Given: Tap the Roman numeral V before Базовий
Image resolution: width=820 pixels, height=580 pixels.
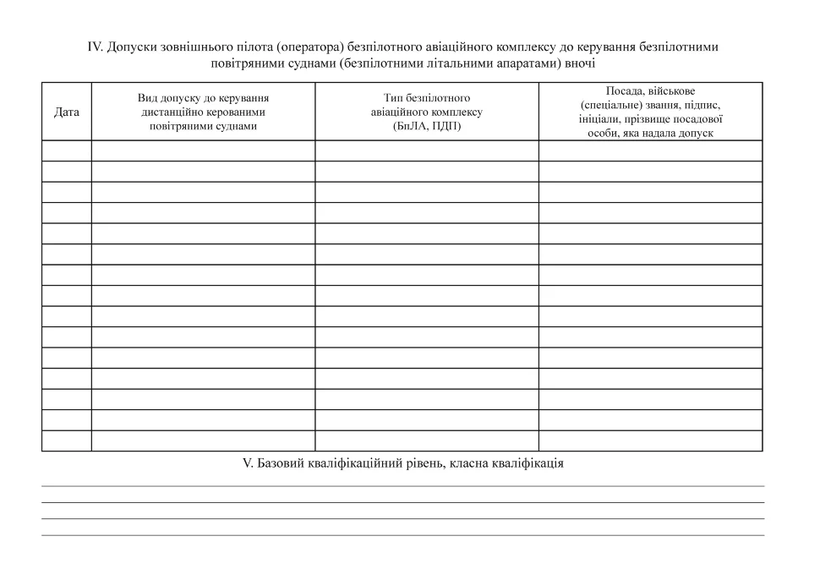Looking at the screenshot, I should coord(247,463).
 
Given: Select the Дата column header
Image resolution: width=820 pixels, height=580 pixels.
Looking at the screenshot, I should coord(67,112).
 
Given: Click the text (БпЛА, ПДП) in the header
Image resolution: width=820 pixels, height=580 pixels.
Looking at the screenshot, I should coord(427,126).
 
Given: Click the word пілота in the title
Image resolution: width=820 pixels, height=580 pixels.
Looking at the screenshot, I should coord(252,47).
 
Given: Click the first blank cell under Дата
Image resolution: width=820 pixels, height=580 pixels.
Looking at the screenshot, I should coord(67,150).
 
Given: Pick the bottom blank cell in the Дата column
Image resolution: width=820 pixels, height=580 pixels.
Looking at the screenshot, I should coord(67,440).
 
